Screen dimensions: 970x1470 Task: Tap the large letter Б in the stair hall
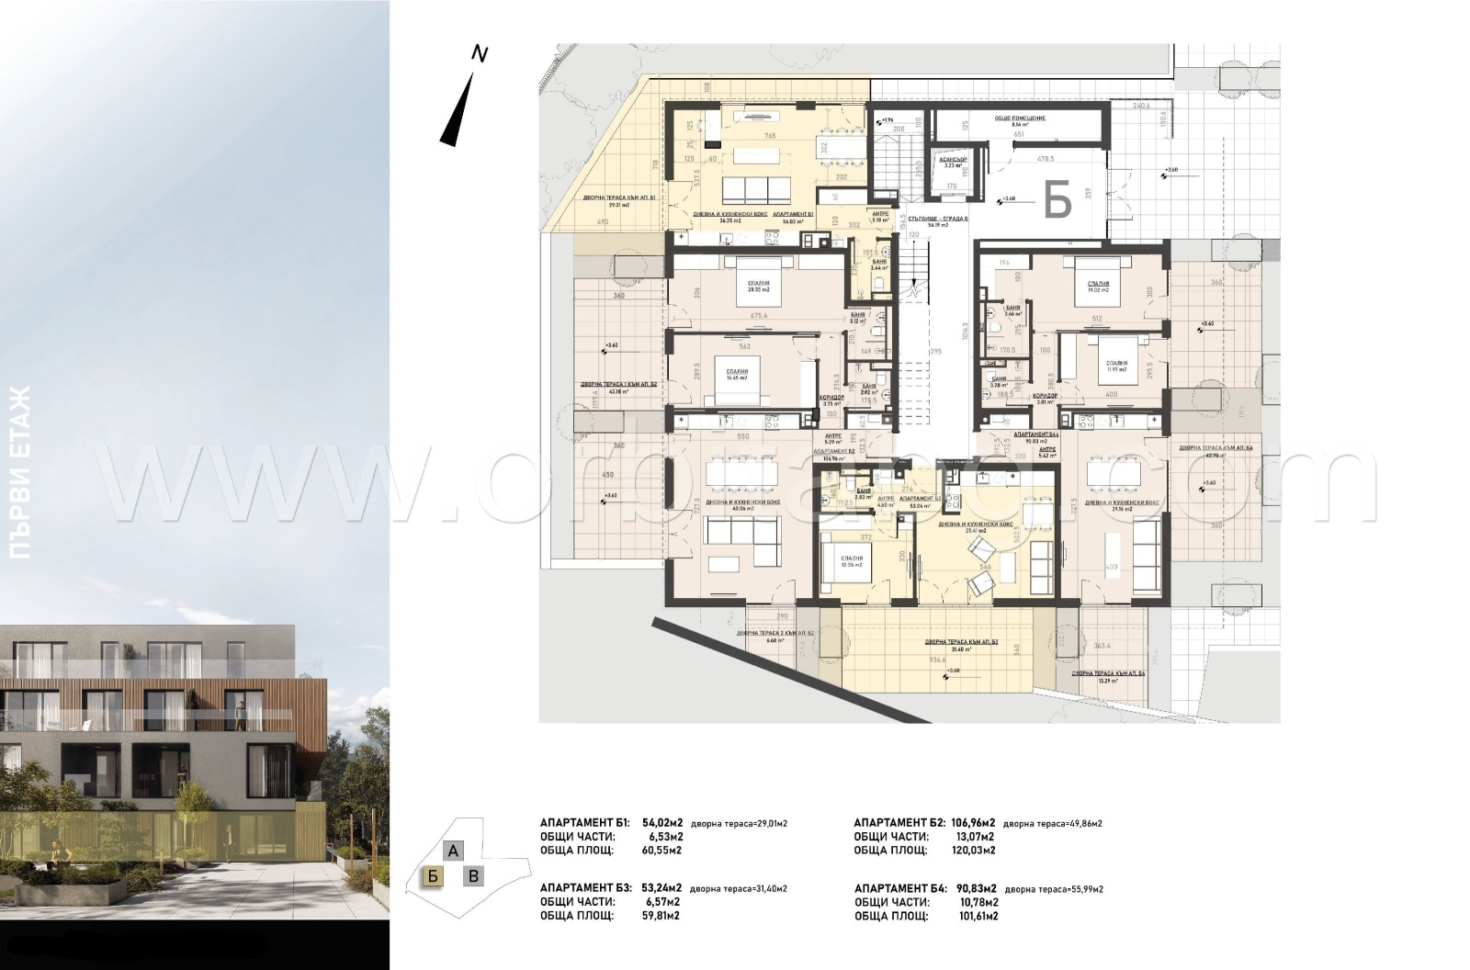[x=1058, y=199]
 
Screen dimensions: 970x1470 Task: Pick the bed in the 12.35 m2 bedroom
[x=851, y=581]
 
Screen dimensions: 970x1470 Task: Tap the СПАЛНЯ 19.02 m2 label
[x=1097, y=287]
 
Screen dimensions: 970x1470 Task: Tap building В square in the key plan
[x=473, y=875]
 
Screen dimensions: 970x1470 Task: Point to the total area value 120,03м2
[x=974, y=850]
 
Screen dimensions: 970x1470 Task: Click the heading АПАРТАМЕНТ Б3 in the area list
[x=585, y=888]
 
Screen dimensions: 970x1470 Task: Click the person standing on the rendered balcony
[x=241, y=714]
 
